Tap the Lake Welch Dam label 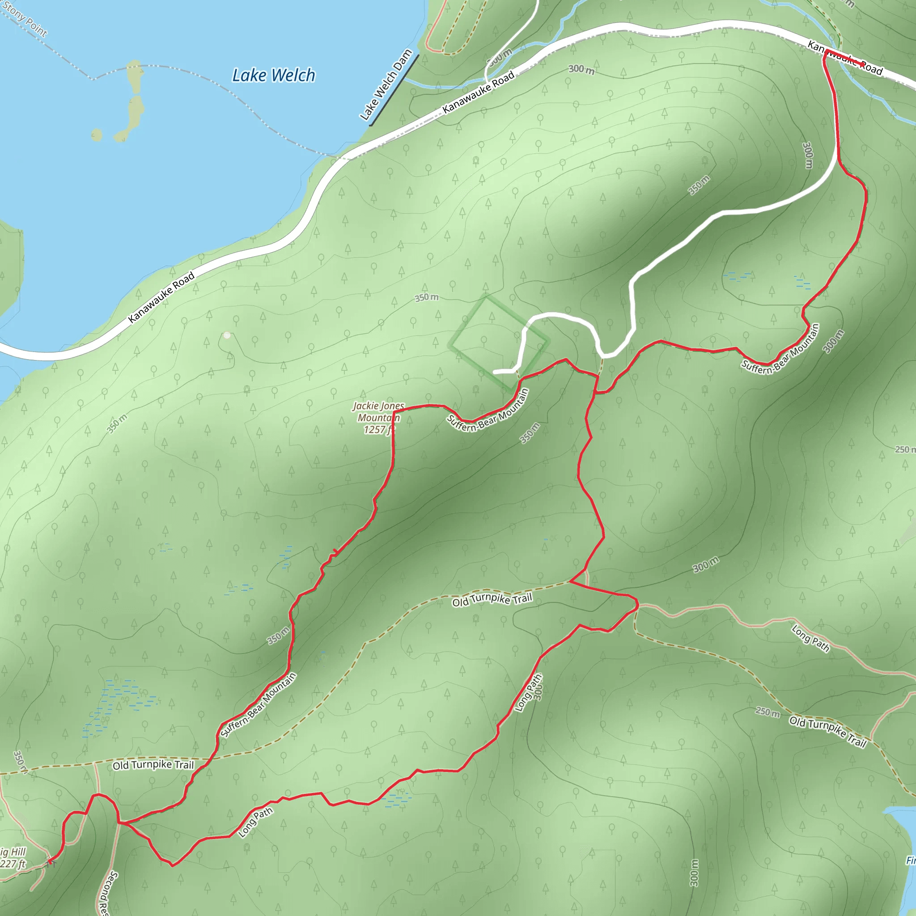386,85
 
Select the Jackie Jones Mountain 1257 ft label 378,418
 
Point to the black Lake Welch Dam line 394,90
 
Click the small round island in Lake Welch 97,135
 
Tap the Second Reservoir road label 102,894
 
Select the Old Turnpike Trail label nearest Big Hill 153,765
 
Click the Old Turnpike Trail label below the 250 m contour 827,731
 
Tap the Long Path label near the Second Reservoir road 255,822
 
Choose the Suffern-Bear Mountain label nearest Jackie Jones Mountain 488,411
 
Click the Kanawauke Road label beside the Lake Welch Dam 479,93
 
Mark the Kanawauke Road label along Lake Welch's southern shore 161,297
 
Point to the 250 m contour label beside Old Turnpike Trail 768,712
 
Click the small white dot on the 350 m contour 227,335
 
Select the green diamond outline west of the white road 499,344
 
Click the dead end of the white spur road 495,372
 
